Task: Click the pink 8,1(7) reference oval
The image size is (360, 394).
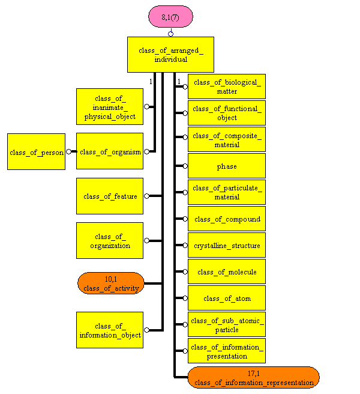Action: click(x=170, y=16)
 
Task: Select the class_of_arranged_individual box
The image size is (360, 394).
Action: click(x=171, y=55)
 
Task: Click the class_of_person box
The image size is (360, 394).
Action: click(x=36, y=152)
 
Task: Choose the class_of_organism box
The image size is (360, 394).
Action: click(x=110, y=151)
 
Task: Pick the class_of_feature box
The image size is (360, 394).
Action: click(x=110, y=196)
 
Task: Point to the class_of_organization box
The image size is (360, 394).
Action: click(x=110, y=240)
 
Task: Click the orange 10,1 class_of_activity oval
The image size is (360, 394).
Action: click(x=111, y=283)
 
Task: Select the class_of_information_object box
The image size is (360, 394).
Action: click(x=110, y=330)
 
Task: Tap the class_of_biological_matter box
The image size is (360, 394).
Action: click(x=227, y=86)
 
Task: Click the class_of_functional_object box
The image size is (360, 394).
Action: click(x=227, y=113)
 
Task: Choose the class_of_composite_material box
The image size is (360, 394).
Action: click(x=227, y=139)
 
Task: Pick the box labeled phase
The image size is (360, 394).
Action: click(x=227, y=166)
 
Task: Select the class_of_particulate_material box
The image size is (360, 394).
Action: click(x=227, y=192)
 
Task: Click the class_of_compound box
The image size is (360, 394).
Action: click(x=227, y=219)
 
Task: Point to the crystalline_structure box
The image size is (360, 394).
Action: click(x=227, y=245)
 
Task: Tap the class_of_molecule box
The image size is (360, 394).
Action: click(x=227, y=271)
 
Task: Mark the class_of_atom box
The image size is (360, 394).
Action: click(x=227, y=298)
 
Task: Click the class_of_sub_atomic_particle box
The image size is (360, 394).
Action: click(x=227, y=324)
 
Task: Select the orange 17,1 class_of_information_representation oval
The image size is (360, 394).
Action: click(x=253, y=377)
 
